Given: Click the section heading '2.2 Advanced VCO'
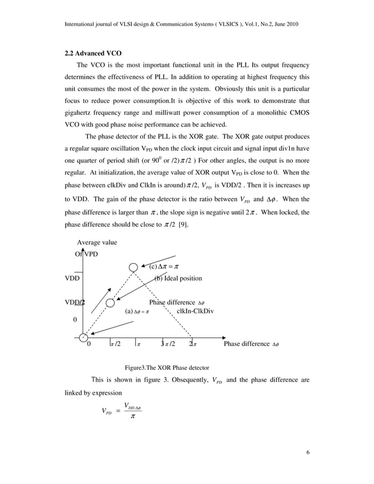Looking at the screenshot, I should (x=93, y=53).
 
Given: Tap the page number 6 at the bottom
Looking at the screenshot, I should (x=307, y=452).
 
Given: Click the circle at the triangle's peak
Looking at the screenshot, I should (x=134, y=267).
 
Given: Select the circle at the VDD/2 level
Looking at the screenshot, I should (x=110, y=302).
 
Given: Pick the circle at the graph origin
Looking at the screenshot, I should (x=83, y=337).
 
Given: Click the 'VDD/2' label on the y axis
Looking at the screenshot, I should (x=74, y=302).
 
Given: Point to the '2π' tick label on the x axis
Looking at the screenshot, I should (x=193, y=344).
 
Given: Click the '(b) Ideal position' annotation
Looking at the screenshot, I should (x=178, y=278).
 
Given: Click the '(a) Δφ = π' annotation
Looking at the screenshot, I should (x=138, y=312).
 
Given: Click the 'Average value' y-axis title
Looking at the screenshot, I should (x=97, y=242).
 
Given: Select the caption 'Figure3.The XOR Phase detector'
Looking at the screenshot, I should (x=166, y=367).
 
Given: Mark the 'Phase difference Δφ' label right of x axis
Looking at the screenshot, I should (x=251, y=344).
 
